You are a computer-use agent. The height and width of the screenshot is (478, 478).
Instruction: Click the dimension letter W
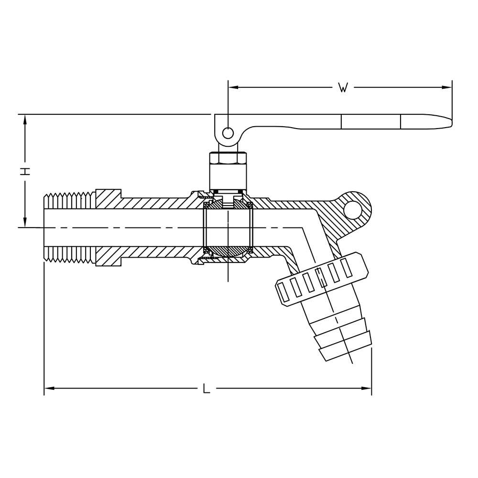[343, 88]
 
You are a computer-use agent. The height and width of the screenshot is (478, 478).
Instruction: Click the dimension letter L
[206, 388]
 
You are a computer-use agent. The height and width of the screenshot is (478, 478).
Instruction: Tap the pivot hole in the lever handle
[228, 133]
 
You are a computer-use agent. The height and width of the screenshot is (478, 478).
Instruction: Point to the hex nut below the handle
[228, 158]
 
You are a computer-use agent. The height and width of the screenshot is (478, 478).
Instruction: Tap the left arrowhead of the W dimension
[233, 87]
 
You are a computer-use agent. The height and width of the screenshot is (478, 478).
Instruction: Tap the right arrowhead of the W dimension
[447, 87]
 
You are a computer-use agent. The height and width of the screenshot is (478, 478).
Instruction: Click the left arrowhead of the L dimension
[49, 388]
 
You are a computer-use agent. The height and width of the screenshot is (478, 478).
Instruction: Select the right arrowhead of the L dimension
[367, 388]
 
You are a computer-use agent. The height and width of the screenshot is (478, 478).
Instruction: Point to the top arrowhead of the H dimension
[25, 120]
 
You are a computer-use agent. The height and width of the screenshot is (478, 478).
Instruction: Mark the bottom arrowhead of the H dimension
[25, 222]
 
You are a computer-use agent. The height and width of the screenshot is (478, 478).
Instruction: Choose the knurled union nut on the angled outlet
[322, 280]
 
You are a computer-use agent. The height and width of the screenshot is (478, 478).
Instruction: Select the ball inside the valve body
[228, 228]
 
